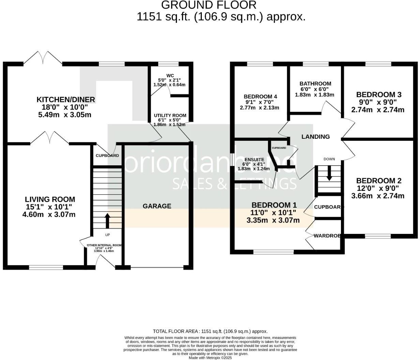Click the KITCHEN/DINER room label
pos(66,100)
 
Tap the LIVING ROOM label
pos(50,199)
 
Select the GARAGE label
pos(157,206)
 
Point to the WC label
pos(170,75)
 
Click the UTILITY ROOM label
pos(170,116)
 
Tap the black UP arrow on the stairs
pos(107,221)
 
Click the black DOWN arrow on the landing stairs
pos(329,174)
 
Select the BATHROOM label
pos(315,84)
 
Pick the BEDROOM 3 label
pos(379,94)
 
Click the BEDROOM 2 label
pos(379,181)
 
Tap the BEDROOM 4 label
pos(258,96)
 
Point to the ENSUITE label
pos(254,159)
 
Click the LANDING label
pos(315,136)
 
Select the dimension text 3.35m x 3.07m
pos(273,220)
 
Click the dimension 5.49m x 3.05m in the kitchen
pos(65,115)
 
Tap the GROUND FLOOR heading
pos(209,5)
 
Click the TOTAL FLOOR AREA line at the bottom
pos(210,331)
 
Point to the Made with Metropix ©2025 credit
pos(210,358)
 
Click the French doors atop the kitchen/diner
pos(43,58)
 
